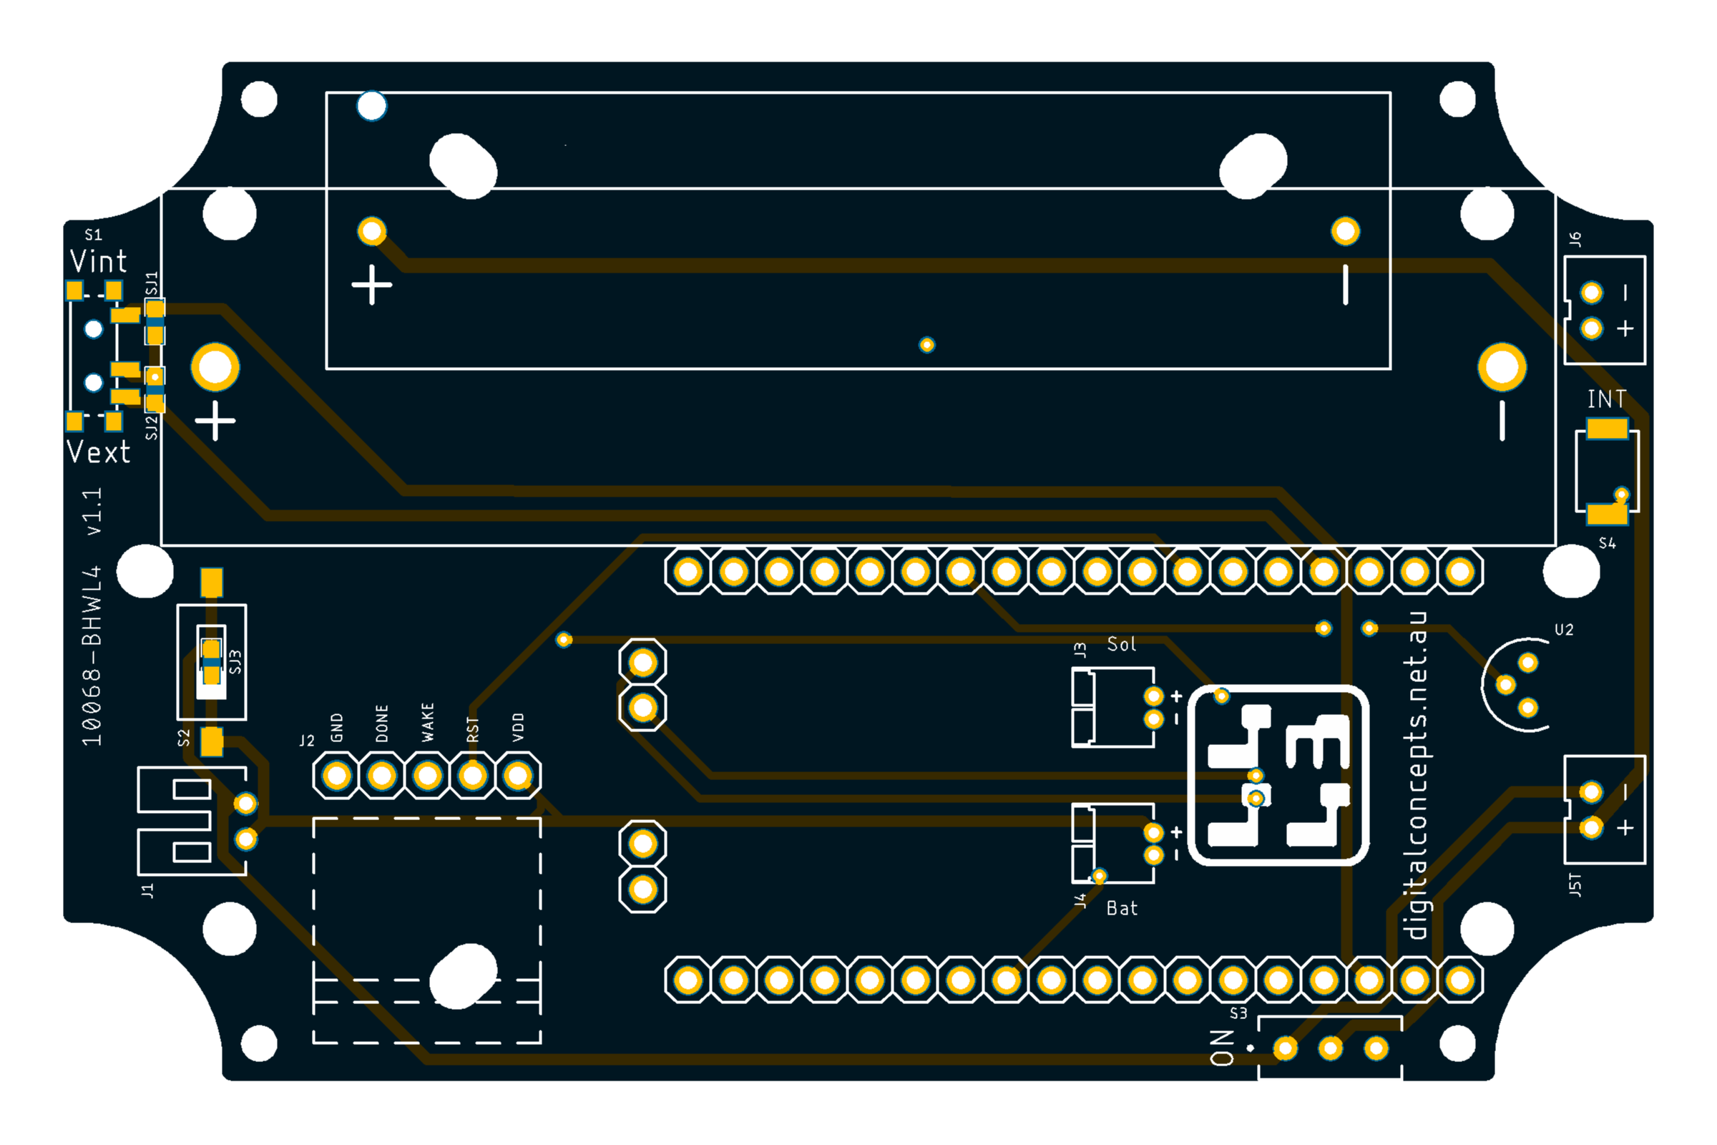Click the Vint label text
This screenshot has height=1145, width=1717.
(x=99, y=261)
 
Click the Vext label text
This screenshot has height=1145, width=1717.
(x=99, y=452)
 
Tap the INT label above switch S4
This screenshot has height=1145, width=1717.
(x=1607, y=399)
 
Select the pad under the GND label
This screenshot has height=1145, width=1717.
(x=336, y=776)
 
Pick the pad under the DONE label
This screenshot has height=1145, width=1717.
(x=382, y=776)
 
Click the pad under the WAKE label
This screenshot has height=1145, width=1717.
(x=428, y=776)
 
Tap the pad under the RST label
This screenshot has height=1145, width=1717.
(x=473, y=776)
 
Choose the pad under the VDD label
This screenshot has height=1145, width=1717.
(x=518, y=776)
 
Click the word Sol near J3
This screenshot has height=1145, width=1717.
(x=1121, y=644)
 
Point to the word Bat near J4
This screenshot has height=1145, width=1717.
(x=1122, y=908)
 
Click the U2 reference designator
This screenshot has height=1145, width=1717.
(x=1564, y=630)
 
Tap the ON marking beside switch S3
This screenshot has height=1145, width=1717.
(x=1222, y=1048)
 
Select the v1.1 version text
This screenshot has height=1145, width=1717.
(x=93, y=511)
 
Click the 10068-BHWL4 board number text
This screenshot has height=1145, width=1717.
(x=92, y=656)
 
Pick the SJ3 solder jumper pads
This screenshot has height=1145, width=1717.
(x=211, y=661)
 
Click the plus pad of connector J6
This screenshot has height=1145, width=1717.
(x=1591, y=328)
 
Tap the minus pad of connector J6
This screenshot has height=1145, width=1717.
(x=1591, y=293)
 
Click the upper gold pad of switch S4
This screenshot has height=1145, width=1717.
(x=1607, y=429)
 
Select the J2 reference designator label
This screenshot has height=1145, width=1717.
(x=307, y=741)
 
